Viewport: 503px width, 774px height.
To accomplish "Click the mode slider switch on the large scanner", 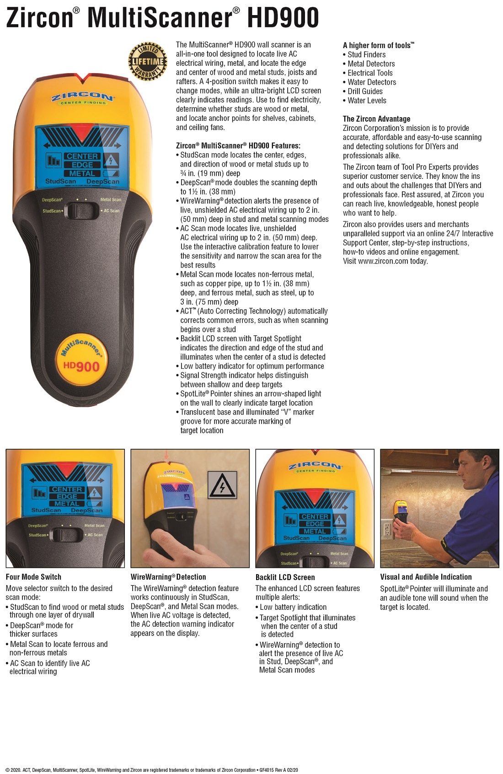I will pos(81,210).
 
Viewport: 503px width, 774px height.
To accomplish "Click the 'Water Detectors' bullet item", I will pos(371,82).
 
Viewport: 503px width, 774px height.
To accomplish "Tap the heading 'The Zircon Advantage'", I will pos(376,119).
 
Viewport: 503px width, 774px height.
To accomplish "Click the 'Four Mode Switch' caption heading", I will pos(33,577).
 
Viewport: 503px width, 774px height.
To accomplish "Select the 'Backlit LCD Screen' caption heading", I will pos(285,577).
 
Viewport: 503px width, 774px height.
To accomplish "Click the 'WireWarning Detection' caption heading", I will pos(168,577).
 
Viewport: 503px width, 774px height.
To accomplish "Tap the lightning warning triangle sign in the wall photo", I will pos(222,485).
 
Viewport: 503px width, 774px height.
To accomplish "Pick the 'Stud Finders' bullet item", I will pos(366,54).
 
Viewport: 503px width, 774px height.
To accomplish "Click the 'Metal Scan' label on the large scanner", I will pos(111,199).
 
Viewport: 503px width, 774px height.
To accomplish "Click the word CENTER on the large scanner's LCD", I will pos(82,156).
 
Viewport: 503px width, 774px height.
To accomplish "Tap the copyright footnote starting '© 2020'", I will pos(151,770).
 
